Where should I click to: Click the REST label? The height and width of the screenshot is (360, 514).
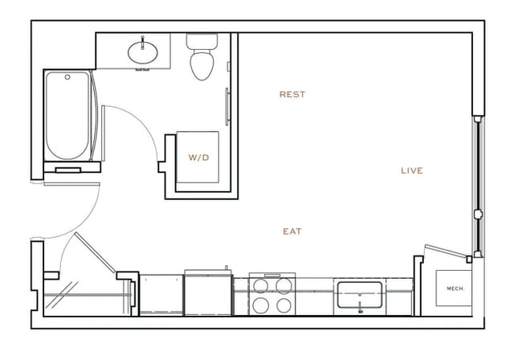[x=292, y=95]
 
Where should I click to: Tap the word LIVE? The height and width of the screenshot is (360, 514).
[x=412, y=170]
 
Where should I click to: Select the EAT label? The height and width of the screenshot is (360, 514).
[x=292, y=231]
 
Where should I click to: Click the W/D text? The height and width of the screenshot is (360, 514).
[x=198, y=157]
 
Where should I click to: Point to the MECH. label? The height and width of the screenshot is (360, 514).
[x=455, y=288]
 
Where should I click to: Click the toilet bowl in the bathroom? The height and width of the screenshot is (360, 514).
[x=201, y=63]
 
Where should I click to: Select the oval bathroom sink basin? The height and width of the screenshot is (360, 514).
[x=145, y=51]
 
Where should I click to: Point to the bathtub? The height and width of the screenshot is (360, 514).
[x=67, y=117]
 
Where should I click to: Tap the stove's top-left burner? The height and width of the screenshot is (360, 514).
[x=262, y=284]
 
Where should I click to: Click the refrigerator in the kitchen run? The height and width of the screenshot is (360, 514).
[x=207, y=294]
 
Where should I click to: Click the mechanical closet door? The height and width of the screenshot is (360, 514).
[x=447, y=253]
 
